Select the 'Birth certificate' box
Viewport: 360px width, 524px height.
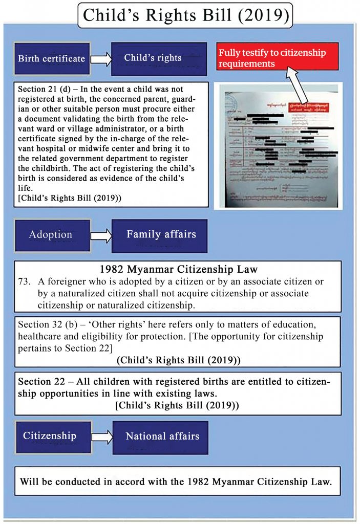(x=51, y=58)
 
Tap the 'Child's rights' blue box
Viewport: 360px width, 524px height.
(x=153, y=58)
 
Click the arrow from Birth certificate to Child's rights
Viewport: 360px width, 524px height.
(x=101, y=59)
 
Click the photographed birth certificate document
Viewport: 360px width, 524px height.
(x=281, y=145)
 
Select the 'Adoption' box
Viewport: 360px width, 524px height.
(x=50, y=235)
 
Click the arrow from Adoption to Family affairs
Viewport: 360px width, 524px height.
(x=101, y=235)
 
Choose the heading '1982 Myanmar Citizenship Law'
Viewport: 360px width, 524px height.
(x=178, y=269)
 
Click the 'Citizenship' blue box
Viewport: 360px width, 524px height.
(x=49, y=436)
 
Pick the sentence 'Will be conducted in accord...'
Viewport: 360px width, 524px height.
(x=177, y=482)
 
